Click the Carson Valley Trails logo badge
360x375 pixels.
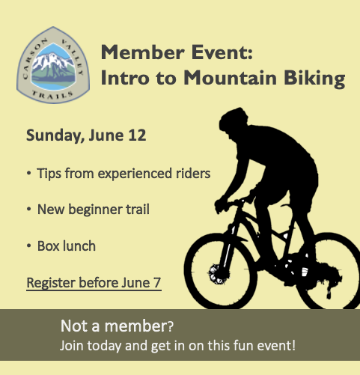pos(53,65)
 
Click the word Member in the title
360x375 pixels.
pos(142,52)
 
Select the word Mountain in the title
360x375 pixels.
pos(230,78)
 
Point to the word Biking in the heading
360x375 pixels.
pos(314,79)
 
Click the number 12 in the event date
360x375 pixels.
pos(137,135)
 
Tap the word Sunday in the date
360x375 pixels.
pos(54,136)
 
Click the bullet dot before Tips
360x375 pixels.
pos(29,173)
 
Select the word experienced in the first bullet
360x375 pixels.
pos(135,174)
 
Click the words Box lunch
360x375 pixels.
pos(67,246)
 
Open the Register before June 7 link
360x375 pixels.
pos(94,284)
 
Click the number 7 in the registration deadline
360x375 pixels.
pos(157,282)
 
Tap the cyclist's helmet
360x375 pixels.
pos(234,119)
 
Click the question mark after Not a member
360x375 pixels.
pos(170,326)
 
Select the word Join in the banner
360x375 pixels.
pos(72,346)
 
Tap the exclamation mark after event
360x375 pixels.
pos(293,345)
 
